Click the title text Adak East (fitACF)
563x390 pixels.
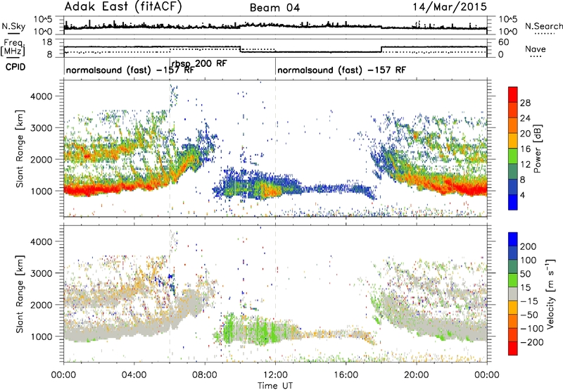point(123,7)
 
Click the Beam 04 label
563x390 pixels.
point(274,8)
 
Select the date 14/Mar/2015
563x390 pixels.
point(450,7)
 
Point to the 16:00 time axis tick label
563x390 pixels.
point(346,375)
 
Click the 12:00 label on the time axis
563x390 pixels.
point(275,375)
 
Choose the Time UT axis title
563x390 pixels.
point(275,385)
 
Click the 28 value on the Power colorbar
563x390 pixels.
point(525,103)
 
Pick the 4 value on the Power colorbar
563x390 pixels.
point(522,196)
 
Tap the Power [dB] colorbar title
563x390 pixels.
point(538,149)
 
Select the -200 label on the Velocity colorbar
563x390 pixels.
point(531,342)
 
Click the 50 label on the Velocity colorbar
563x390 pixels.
point(525,274)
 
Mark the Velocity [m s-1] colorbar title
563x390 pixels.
point(550,294)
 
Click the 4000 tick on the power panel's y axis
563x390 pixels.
point(42,96)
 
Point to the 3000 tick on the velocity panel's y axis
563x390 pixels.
point(42,273)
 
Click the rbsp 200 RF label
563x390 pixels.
point(199,63)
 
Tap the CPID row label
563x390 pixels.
point(15,67)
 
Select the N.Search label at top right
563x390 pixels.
point(543,26)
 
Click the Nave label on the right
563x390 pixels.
point(536,49)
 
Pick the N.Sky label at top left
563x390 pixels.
point(13,26)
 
